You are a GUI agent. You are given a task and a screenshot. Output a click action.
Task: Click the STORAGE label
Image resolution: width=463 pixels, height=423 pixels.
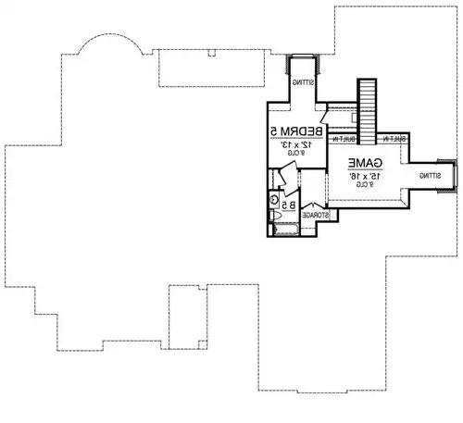pos(317,215)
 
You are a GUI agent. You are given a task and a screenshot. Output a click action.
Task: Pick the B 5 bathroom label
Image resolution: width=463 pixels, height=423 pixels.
pos(288,205)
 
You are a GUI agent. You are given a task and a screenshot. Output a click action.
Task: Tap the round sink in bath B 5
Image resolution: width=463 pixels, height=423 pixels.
pos(274,198)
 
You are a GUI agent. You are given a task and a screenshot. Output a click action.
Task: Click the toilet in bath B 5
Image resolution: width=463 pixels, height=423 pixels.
pos(276,215)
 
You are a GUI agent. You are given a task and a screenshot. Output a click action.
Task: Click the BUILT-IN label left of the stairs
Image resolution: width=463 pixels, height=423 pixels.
pos(343,139)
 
